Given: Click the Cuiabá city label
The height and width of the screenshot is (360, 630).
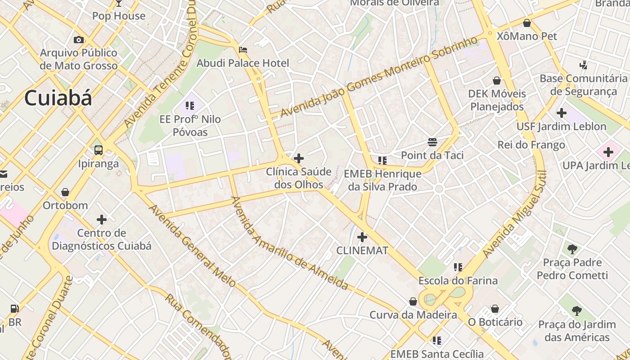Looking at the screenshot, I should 58,98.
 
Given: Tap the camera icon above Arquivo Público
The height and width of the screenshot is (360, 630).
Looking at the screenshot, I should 79,40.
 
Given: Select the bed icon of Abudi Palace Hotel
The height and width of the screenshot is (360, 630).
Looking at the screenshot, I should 243,49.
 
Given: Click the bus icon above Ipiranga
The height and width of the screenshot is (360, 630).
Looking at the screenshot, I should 99,150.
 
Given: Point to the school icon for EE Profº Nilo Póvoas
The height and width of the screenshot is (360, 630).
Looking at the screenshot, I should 190,106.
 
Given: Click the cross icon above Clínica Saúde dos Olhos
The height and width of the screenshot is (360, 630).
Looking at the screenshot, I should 298,158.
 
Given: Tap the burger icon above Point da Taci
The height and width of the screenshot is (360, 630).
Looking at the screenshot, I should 432,142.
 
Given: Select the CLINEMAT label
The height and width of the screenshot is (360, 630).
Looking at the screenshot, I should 362,251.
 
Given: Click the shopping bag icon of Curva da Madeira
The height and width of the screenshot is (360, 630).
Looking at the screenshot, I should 413,301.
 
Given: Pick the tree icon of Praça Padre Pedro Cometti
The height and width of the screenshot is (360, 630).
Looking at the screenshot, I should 572,249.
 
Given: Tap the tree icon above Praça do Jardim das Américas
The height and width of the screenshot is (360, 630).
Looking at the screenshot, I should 577,310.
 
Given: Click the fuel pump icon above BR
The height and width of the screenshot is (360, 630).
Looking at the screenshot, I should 15,309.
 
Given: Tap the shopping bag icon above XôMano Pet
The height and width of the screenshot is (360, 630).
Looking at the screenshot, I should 527,22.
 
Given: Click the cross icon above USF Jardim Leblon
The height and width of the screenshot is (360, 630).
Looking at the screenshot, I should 561,113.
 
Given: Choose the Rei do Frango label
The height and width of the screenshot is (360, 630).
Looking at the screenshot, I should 531,145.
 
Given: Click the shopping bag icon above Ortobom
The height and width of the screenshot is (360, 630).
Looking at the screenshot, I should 65,192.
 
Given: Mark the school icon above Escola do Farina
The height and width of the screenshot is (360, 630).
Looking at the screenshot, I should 458,267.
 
